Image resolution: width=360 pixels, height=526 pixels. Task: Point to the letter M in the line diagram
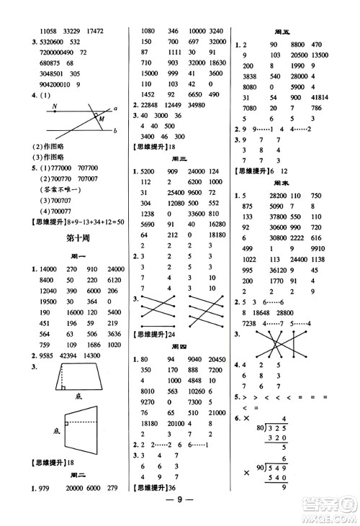click(x=102, y=118)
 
